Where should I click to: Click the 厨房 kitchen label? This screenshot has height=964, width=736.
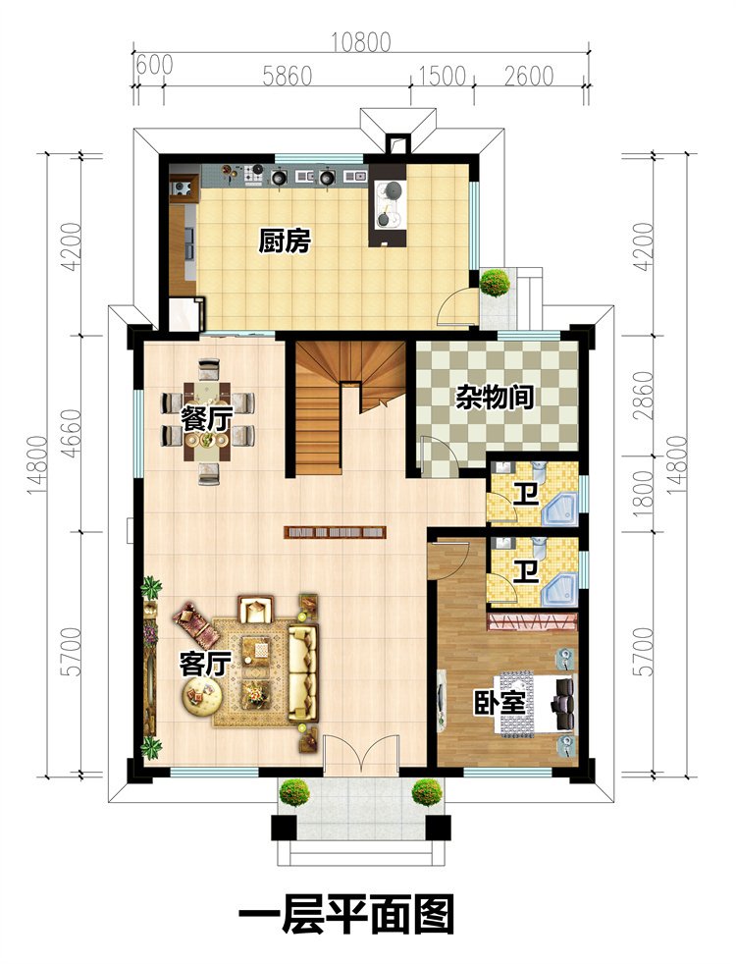pos(284,241)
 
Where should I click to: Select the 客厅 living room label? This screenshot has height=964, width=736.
pos(204,664)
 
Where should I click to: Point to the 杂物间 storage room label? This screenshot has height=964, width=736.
pos(494,398)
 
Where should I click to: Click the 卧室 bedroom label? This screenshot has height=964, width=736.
pos(499,702)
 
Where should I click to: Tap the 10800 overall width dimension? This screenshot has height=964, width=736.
pos(360,42)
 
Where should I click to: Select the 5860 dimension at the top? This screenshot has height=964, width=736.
pos(287,77)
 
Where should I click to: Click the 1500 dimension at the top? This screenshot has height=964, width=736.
pos(442,77)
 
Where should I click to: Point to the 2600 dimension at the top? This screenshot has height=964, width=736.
pos(529,77)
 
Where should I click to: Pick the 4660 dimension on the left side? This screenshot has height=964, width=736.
pos(72,433)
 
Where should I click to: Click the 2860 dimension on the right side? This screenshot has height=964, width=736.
pos(643,396)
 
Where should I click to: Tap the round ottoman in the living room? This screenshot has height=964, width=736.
pos(199,695)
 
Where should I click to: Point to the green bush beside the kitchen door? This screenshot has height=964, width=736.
pos(495,283)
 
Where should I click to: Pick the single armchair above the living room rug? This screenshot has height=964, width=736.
pos(255,610)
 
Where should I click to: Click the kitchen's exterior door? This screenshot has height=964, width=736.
pos(457,307)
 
